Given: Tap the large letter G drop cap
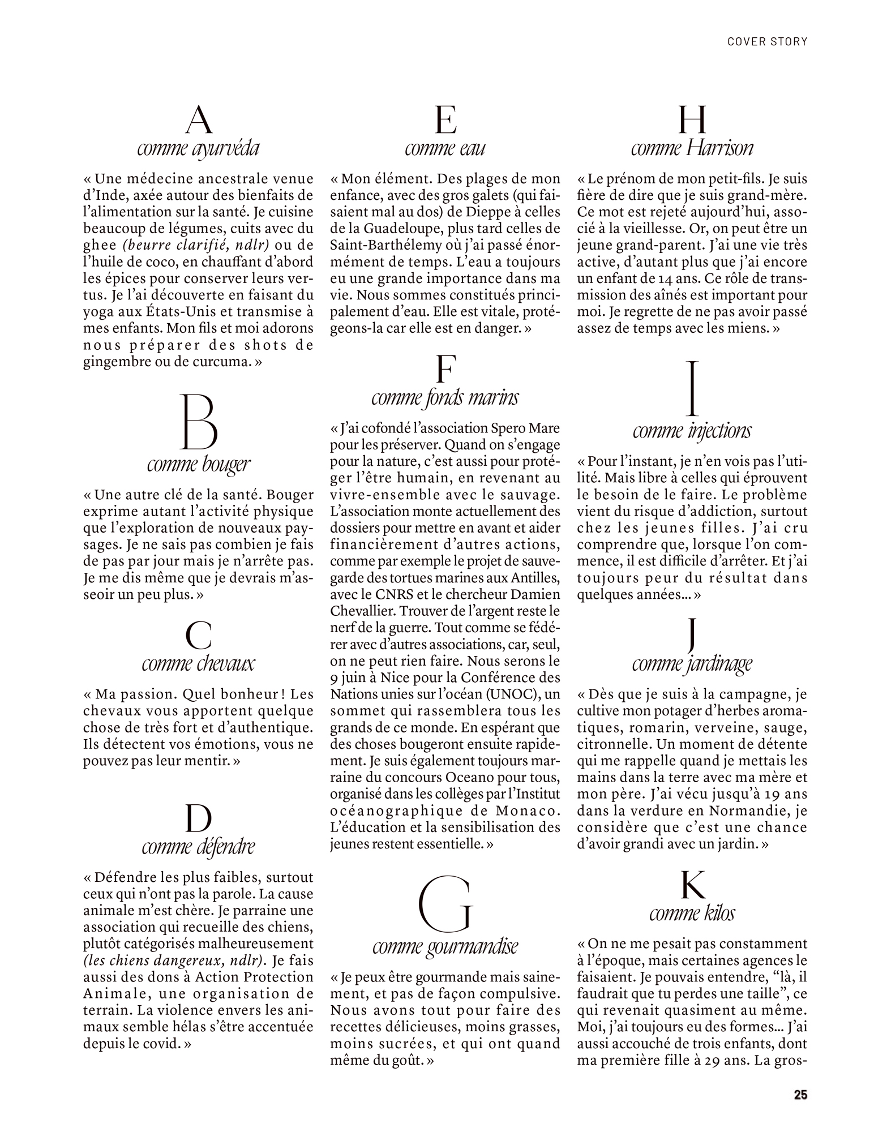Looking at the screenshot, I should [445, 907].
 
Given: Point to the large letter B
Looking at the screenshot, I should [199, 422].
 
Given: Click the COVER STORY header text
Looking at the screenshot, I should [767, 41].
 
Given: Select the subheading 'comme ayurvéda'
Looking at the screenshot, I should [198, 148].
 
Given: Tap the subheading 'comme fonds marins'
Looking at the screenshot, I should [445, 398].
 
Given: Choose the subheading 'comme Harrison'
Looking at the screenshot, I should [692, 148].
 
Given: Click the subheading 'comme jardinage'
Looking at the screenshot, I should [692, 663].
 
